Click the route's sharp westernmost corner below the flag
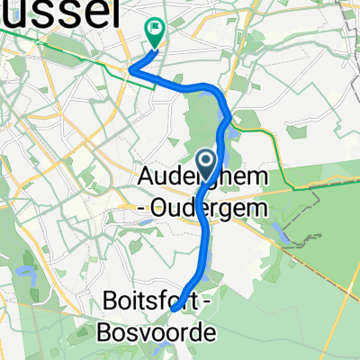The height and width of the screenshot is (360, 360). click(132, 68)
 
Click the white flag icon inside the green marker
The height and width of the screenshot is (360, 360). click(155, 29)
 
